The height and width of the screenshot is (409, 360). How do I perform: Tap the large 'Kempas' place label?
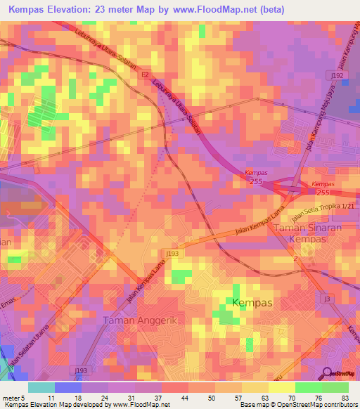pyautogui.click(x=252, y=302)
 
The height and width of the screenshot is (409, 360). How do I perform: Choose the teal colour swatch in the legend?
pyautogui.click(x=41, y=387)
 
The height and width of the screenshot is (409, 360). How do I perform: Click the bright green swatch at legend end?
pyautogui.click(x=335, y=387)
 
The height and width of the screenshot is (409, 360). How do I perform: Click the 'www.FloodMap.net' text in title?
pyautogui.click(x=216, y=9)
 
